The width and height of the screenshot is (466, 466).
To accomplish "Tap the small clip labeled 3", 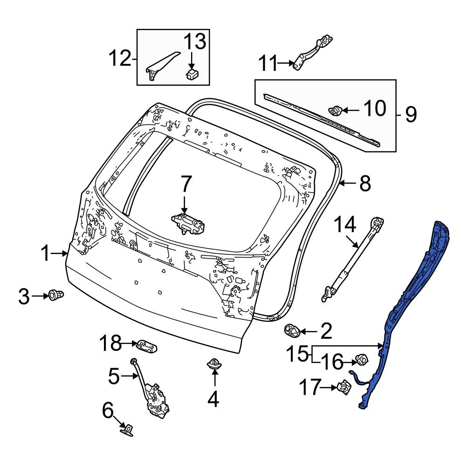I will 56,295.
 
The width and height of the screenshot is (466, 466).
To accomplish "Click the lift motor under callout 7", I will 189,223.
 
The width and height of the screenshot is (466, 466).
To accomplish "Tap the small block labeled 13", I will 191,74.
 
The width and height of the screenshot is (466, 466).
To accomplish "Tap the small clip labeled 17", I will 343,386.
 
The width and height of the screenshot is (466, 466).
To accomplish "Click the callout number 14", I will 345,225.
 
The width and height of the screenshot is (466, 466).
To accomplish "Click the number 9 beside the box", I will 410,114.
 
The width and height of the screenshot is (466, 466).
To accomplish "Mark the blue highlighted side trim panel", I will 410,298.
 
